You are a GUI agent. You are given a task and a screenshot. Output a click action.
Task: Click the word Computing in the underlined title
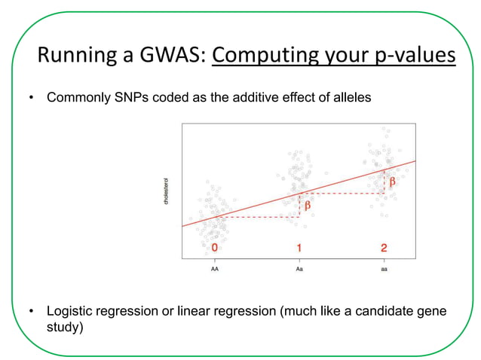pos(274,56)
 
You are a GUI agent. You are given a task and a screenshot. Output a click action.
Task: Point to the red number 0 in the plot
pos(215,247)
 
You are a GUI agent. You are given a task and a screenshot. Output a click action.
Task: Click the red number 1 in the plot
pos(299,247)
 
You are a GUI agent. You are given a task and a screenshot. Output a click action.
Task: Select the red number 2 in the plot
pos(384,247)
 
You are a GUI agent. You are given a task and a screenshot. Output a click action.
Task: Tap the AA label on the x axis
pos(215,267)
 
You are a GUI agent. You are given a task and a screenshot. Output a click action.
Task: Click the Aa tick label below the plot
pos(299,267)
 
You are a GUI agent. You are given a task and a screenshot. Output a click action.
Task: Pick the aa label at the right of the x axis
pos(384,267)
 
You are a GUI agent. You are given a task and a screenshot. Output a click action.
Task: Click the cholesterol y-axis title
pos(166,191)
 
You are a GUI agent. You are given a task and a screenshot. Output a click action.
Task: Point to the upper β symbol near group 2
pos(393,182)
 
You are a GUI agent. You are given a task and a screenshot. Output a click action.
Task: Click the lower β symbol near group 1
pos(308,205)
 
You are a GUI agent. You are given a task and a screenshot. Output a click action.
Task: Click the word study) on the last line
pos(65,328)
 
